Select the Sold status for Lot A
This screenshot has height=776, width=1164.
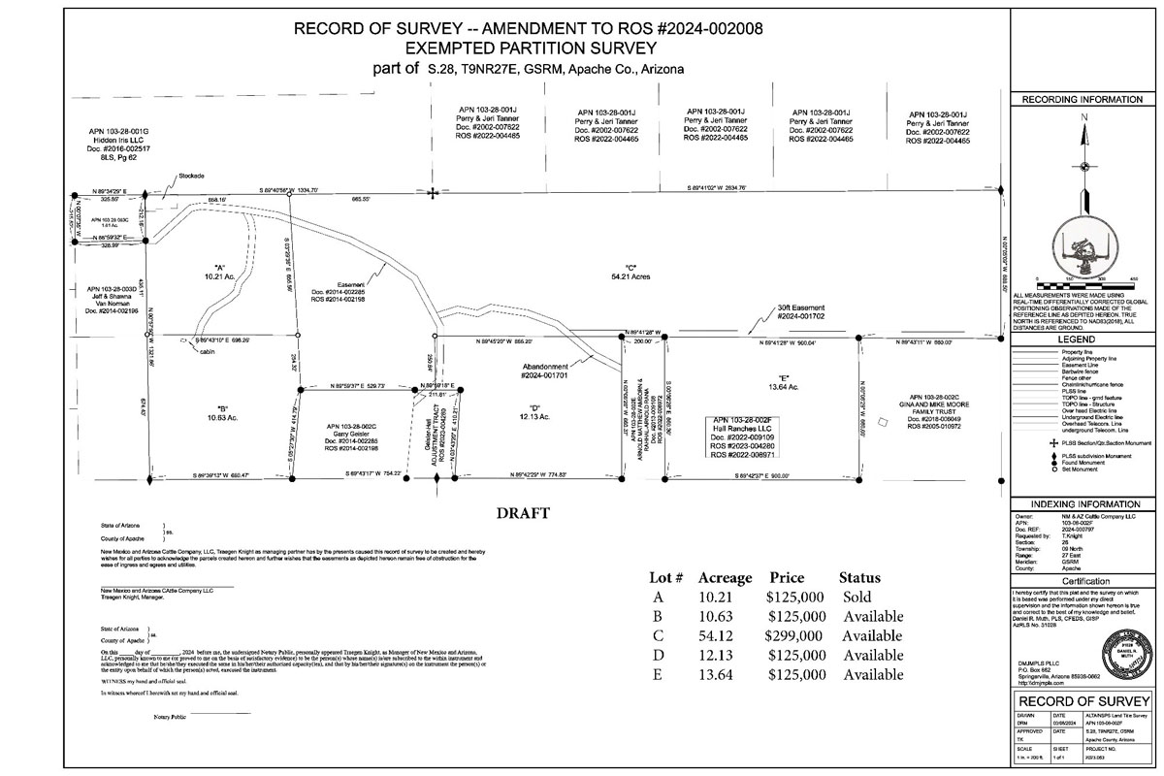click(x=857, y=597)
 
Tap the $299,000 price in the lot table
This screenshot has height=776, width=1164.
click(x=795, y=635)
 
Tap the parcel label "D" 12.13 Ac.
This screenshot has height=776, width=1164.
click(x=535, y=411)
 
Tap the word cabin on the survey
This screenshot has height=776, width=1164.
click(x=207, y=352)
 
